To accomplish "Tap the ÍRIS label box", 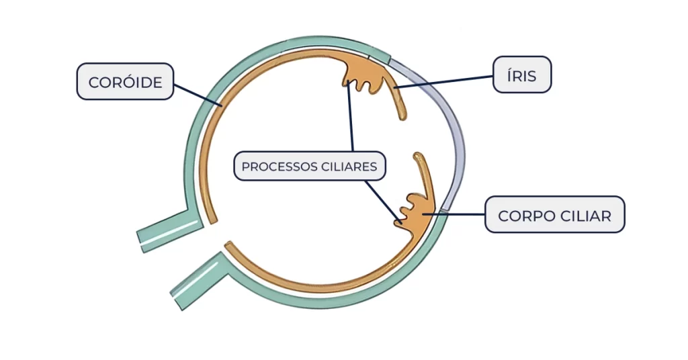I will click(522, 75).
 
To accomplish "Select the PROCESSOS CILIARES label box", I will click(310, 166).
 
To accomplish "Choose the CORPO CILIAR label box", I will click(554, 215).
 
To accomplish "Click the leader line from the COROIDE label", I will click(196, 94).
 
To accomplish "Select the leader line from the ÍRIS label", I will click(443, 81).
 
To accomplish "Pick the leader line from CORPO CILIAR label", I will click(464, 215).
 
